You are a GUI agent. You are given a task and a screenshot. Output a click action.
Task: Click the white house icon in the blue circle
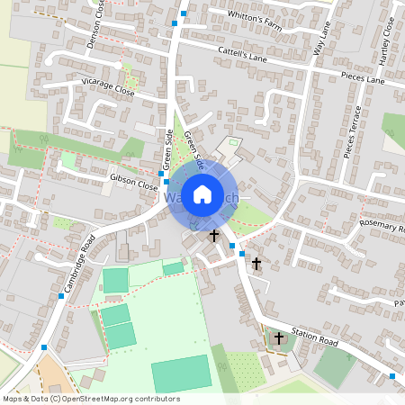click(202, 193)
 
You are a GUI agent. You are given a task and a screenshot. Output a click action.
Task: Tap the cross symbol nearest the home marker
click(214, 236)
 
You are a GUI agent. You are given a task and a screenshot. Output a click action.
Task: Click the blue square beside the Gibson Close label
click(161, 172)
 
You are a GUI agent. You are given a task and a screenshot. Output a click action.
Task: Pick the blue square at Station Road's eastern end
click(392, 375)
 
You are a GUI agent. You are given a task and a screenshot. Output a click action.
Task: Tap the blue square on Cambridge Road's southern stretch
click(44, 346)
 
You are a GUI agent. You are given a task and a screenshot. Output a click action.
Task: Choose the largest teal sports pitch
click(182, 373)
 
